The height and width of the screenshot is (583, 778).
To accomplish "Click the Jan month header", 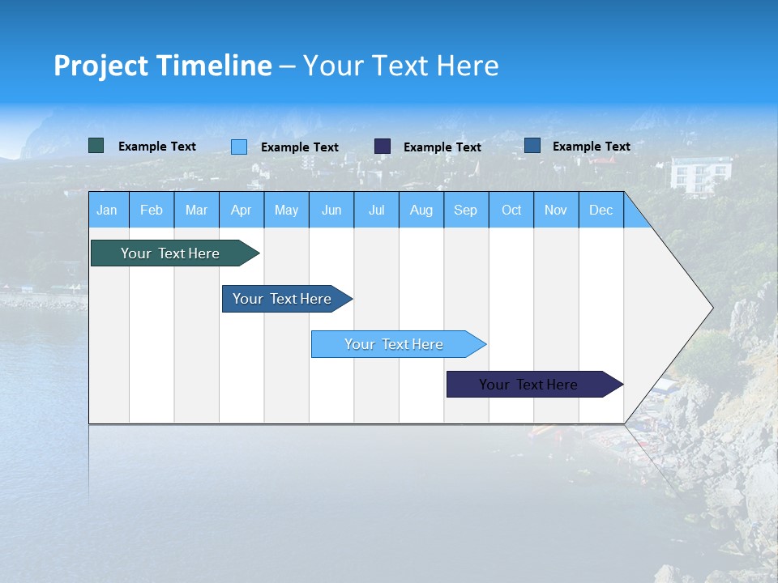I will [108, 210].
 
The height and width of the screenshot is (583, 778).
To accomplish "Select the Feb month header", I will [152, 210].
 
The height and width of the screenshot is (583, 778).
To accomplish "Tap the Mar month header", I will [196, 210].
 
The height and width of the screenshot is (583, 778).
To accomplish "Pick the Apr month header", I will [242, 210].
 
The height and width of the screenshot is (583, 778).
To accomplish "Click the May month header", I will [286, 210].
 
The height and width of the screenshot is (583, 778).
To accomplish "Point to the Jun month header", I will [331, 210].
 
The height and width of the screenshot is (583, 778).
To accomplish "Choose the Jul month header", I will [376, 210].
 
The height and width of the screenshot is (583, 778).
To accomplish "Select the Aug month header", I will [421, 210].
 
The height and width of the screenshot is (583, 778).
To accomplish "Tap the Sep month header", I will [466, 210].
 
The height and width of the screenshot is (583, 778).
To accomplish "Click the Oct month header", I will [511, 210].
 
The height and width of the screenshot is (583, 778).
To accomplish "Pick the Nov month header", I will [556, 210].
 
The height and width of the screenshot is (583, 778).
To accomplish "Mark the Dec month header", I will [601, 210].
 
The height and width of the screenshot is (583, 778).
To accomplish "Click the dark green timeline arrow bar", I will [171, 253].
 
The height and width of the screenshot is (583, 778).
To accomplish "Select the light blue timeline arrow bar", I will [395, 344].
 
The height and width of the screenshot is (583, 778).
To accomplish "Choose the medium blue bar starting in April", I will [283, 299].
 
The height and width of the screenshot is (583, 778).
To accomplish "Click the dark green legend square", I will [96, 146].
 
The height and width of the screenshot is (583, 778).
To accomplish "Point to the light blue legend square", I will [239, 147].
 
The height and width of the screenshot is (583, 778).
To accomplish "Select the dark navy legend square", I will [383, 147].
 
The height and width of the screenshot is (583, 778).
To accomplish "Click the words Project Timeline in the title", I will [163, 66].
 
